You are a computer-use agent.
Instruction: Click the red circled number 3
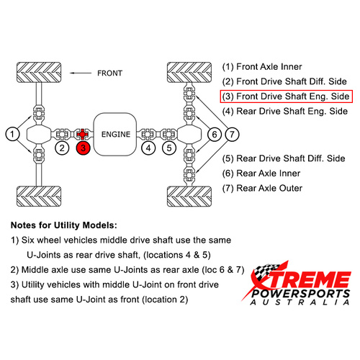point(83,148)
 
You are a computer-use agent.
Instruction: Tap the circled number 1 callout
point(12,134)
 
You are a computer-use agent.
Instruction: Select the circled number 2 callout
point(62,148)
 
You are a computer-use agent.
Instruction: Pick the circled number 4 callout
point(148,148)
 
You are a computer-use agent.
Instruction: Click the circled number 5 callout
point(169,148)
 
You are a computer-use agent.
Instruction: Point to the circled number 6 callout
point(215,134)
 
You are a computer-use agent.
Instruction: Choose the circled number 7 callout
point(232,134)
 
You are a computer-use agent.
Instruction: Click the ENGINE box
point(115,135)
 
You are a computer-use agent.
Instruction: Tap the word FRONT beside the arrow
point(109,73)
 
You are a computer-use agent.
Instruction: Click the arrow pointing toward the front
point(81,73)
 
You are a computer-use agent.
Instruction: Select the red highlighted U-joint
point(82,134)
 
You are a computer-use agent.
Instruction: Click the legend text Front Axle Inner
point(262,67)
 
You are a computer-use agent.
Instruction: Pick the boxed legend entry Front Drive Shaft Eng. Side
point(287,96)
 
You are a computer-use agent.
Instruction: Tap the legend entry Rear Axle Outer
point(262,188)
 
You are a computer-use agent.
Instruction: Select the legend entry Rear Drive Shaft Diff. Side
point(284,158)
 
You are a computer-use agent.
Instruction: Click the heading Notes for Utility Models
point(64,225)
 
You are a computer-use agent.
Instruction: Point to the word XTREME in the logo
point(301,279)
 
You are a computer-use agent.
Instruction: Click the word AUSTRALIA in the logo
point(300,302)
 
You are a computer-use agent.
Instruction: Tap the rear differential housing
point(189,135)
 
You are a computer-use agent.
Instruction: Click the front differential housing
point(39,135)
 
